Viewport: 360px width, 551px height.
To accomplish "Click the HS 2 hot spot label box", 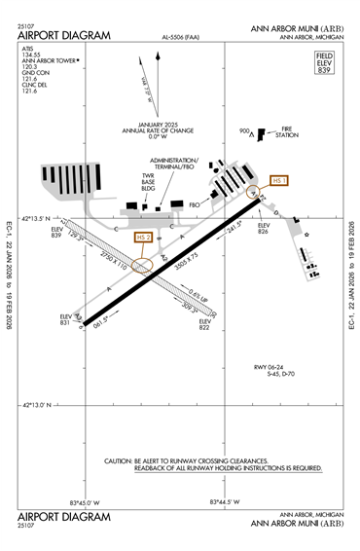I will pyautogui.click(x=143, y=238).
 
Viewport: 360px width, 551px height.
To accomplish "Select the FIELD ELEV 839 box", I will pyautogui.click(x=324, y=64).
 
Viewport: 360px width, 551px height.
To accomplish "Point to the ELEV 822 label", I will pyautogui.click(x=205, y=323).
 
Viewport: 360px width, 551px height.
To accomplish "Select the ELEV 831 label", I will pyautogui.click(x=67, y=321).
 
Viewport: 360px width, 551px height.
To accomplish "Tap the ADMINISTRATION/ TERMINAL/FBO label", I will pyautogui.click(x=175, y=163).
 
